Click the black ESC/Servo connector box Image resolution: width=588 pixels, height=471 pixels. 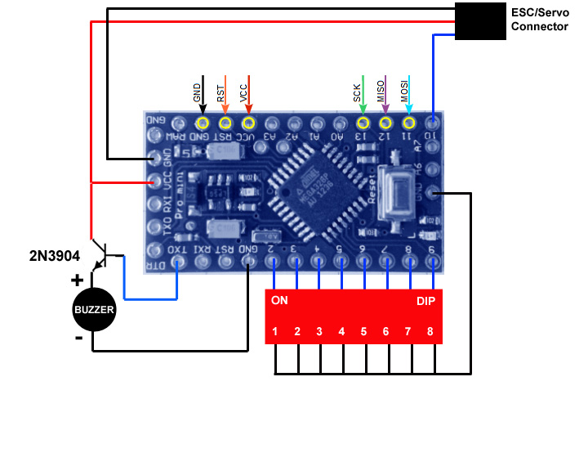click(479, 21)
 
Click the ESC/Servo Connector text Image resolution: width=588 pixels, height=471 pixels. click(539, 20)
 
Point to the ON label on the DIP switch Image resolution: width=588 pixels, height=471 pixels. click(279, 300)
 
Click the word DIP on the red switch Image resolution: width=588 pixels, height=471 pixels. click(425, 300)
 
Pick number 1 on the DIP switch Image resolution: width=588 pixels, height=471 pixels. click(276, 332)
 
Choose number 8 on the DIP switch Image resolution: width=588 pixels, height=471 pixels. click(430, 332)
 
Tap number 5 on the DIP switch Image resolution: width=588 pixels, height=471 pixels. click(363, 332)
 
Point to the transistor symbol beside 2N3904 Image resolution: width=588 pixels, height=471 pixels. click(101, 253)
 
